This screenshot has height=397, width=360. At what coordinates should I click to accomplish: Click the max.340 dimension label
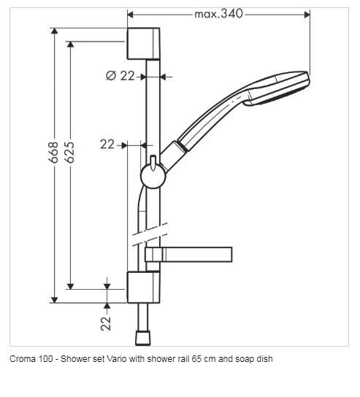tap(218, 14)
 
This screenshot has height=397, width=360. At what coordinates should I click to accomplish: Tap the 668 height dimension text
tap(53, 153)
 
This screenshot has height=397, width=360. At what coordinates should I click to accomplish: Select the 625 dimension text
tap(69, 153)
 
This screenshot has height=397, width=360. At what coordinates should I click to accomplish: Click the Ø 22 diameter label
tap(120, 76)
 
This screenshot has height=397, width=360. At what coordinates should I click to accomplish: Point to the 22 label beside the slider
tap(107, 144)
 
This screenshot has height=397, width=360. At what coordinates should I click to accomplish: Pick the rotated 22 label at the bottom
tap(106, 323)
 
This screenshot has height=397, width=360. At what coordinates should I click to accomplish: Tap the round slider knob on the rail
tap(153, 176)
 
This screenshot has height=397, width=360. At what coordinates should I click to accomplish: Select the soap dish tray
tap(188, 255)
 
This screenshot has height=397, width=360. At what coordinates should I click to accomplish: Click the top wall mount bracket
tap(143, 44)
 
